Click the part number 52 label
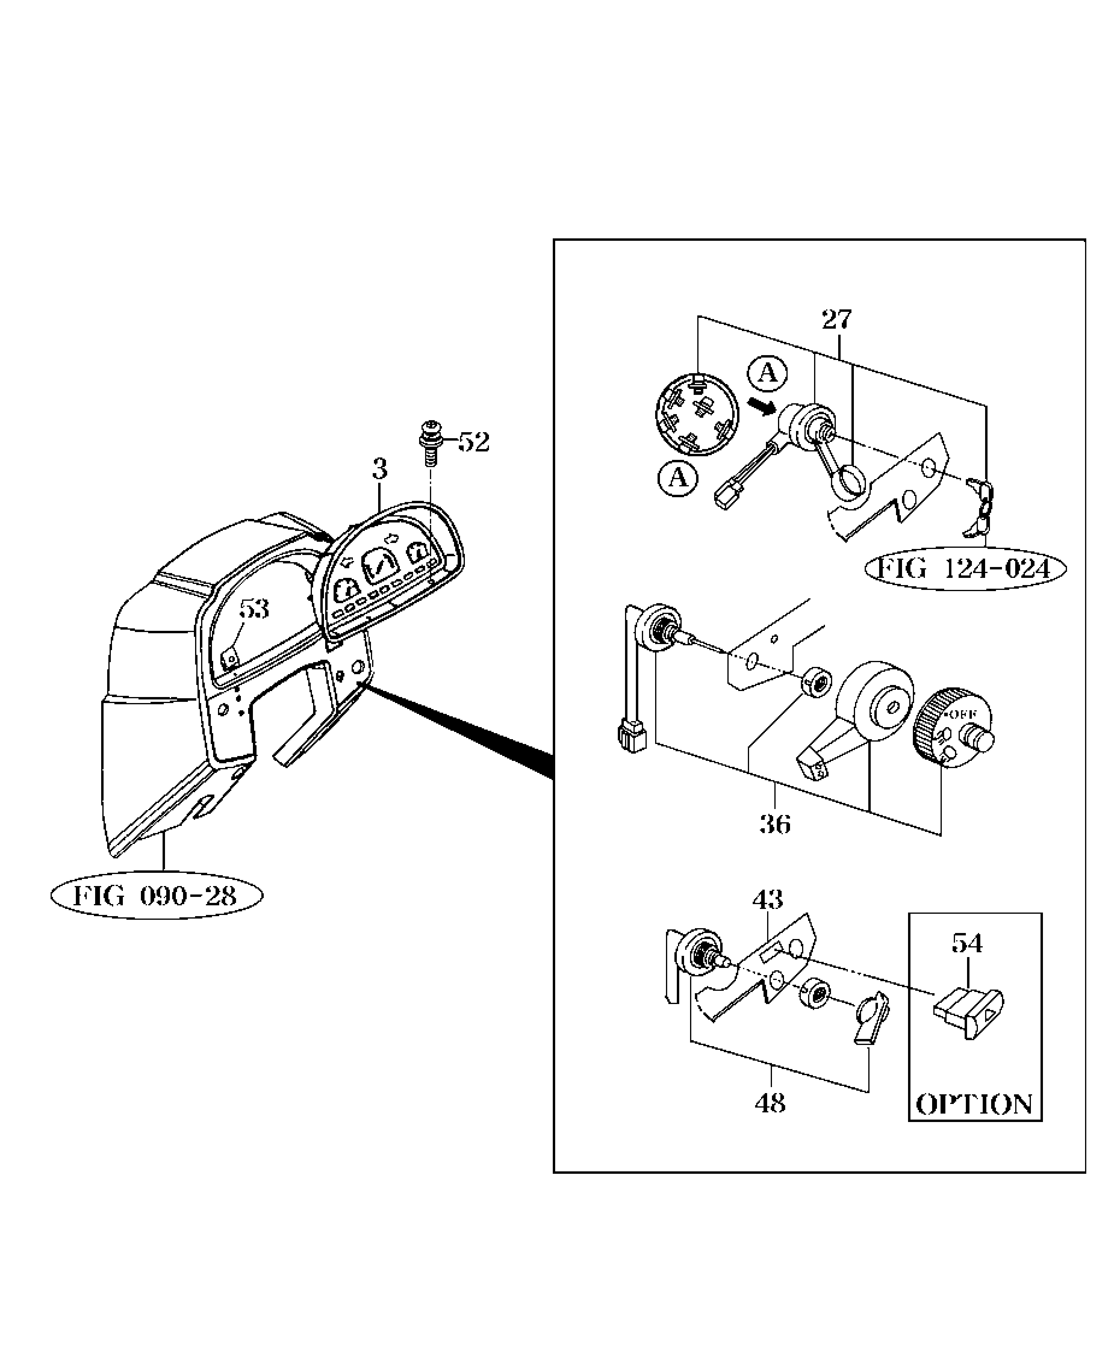pos(474,442)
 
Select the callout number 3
pos(380,469)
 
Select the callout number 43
pos(768,899)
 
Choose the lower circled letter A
pos(677,478)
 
